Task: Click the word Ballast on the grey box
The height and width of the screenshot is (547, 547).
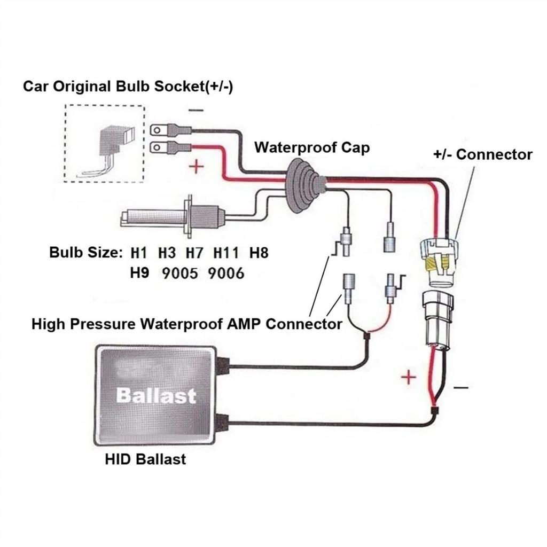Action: pyautogui.click(x=156, y=396)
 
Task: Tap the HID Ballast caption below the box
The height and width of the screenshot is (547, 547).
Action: pyautogui.click(x=145, y=459)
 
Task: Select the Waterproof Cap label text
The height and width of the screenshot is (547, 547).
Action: pyautogui.click(x=311, y=147)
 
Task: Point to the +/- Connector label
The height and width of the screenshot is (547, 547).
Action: pyautogui.click(x=482, y=154)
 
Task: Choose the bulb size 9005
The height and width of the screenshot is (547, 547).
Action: pyautogui.click(x=179, y=273)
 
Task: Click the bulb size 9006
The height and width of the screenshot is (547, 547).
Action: pyautogui.click(x=225, y=273)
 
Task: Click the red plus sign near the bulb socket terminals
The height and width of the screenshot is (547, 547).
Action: pyautogui.click(x=197, y=167)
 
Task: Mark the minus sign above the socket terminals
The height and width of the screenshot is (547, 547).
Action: pyautogui.click(x=196, y=111)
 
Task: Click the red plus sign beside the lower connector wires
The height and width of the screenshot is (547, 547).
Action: pyautogui.click(x=408, y=378)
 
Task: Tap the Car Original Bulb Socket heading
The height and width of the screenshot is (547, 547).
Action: pyautogui.click(x=128, y=87)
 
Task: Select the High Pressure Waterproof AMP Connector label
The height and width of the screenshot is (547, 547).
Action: pyautogui.click(x=186, y=324)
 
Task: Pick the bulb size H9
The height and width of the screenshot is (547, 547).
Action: pyautogui.click(x=140, y=273)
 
